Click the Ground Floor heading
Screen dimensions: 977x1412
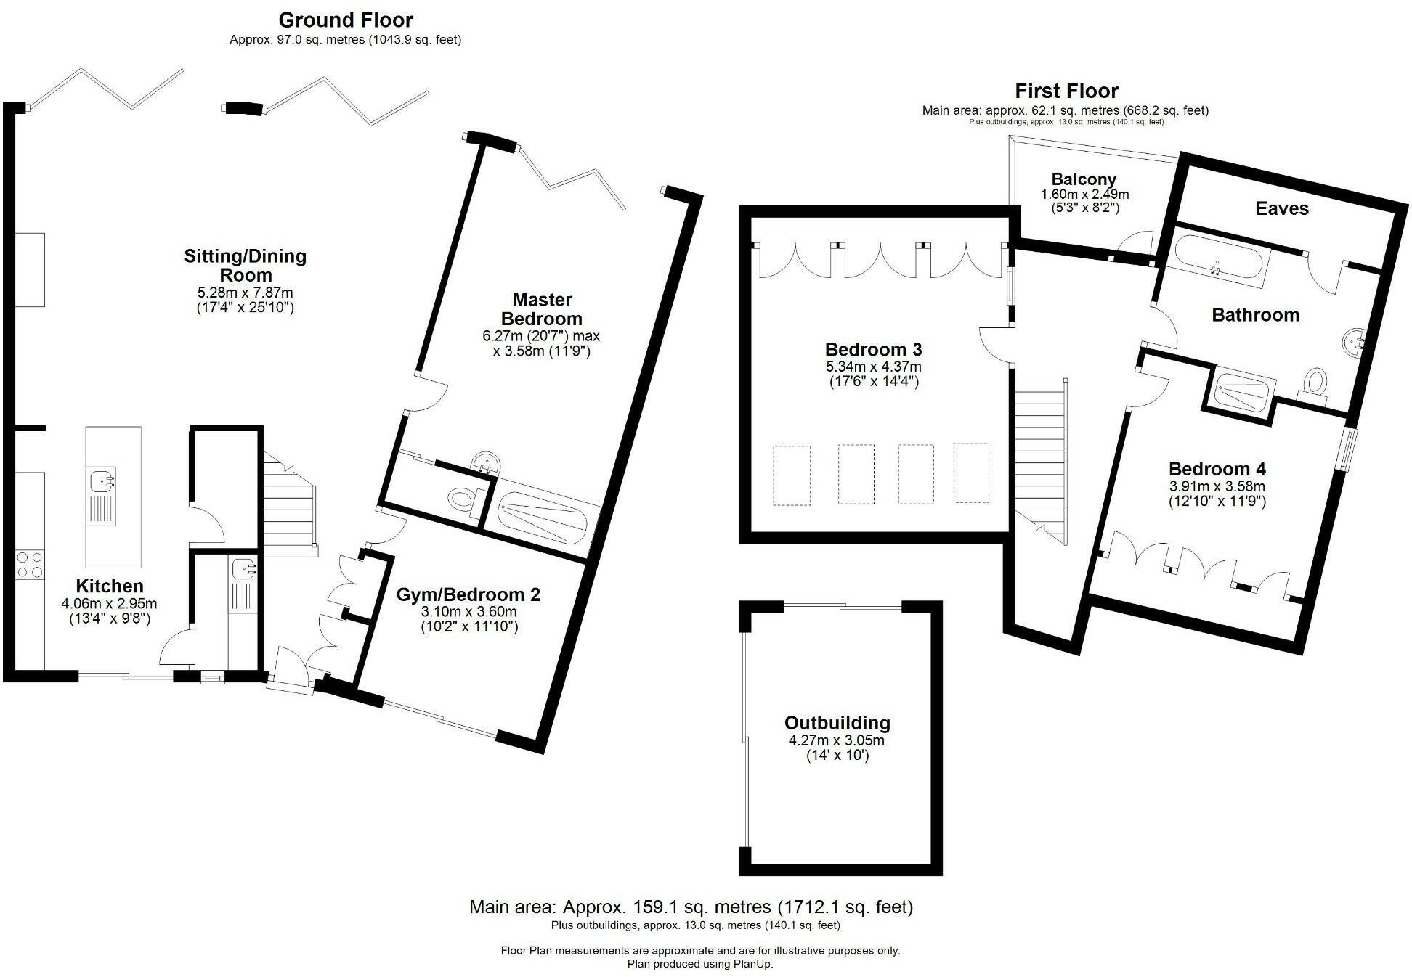pos(345,20)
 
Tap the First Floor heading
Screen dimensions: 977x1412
pos(1066,91)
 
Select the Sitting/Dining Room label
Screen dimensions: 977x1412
pos(245,265)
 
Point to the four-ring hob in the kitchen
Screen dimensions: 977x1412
pos(29,564)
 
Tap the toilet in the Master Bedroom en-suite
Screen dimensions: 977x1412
pos(463,499)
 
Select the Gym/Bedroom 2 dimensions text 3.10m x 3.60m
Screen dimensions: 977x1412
pos(468,612)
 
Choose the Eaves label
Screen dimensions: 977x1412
pos(1281,209)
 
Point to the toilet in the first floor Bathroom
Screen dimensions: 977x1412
pos(1315,383)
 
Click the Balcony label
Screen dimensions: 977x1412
pos(1083,179)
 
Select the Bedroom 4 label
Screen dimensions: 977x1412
pos(1217,469)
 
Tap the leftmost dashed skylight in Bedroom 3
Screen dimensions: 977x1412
pos(792,475)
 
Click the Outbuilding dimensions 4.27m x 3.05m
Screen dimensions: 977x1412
pos(837,740)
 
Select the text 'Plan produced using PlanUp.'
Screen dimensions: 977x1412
pos(700,964)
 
